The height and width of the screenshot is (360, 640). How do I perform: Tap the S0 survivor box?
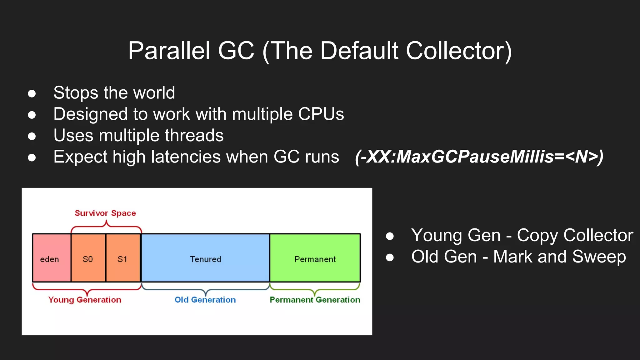coord(88,258)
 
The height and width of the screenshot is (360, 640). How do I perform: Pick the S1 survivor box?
coord(123,258)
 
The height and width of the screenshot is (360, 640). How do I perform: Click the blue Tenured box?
coord(205,258)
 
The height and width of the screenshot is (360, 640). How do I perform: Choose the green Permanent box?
coord(315,258)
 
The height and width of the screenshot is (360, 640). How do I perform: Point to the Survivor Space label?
coord(105,213)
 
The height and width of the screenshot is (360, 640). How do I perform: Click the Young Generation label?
coord(85,300)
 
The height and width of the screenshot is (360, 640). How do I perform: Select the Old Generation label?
coord(205,300)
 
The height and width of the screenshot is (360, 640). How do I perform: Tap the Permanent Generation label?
coord(315,300)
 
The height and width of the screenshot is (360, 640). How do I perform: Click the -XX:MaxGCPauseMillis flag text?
coord(479,157)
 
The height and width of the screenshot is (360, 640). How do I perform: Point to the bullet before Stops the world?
coord(32,93)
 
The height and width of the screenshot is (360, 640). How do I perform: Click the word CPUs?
coord(321,114)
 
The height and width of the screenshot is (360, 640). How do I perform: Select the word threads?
coord(194,136)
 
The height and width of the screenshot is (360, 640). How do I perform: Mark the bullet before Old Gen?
coord(390,257)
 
